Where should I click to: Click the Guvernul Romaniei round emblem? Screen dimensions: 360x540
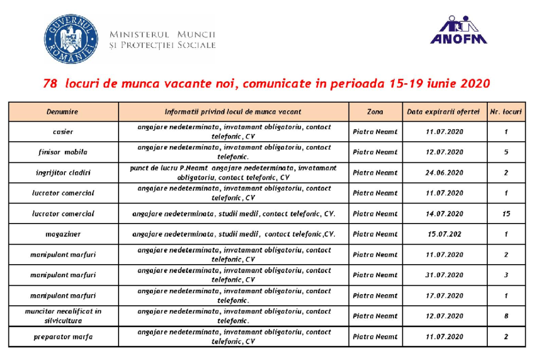(x=71, y=39)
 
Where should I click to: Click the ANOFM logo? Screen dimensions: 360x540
(x=458, y=30)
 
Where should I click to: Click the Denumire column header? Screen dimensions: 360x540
(x=62, y=112)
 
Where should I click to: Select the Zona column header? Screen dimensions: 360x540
(x=375, y=112)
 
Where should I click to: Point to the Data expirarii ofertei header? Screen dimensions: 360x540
(x=443, y=112)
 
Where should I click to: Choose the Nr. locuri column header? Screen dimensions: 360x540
(x=506, y=112)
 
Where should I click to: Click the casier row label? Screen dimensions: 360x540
(x=63, y=132)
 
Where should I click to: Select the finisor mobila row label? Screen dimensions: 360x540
(x=63, y=152)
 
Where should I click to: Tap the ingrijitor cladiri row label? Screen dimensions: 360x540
(x=63, y=173)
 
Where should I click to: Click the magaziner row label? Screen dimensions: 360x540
(x=63, y=234)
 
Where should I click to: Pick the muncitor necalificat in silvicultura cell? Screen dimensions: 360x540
(x=63, y=316)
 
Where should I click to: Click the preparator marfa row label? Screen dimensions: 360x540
(x=63, y=337)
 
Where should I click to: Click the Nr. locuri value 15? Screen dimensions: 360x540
(x=506, y=214)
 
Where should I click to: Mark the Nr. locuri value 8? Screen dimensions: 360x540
(x=506, y=316)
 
